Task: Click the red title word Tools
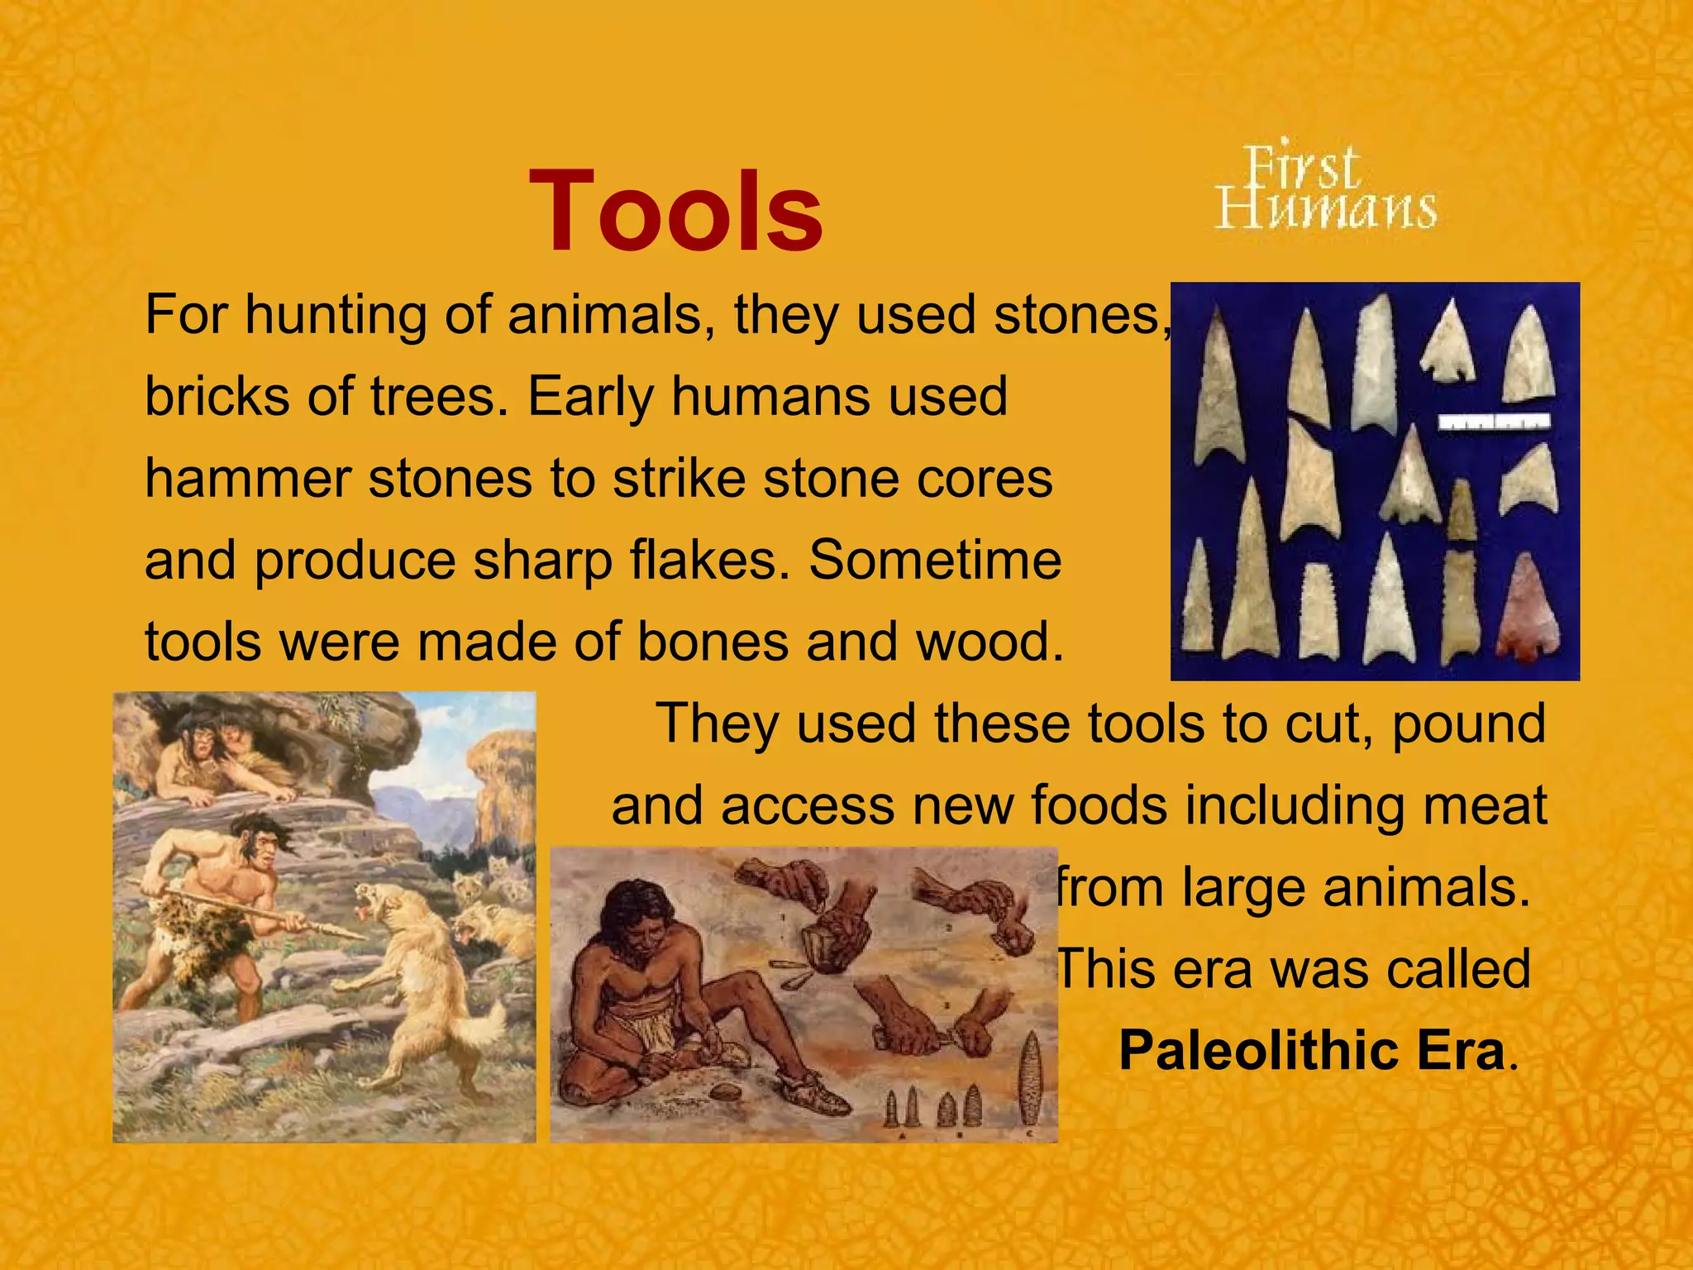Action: click(675, 212)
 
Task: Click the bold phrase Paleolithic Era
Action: click(1311, 1051)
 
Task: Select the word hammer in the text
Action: click(247, 479)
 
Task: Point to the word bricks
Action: click(217, 397)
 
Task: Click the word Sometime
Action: click(934, 561)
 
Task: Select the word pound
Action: click(1468, 724)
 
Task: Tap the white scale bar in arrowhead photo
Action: click(1493, 422)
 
